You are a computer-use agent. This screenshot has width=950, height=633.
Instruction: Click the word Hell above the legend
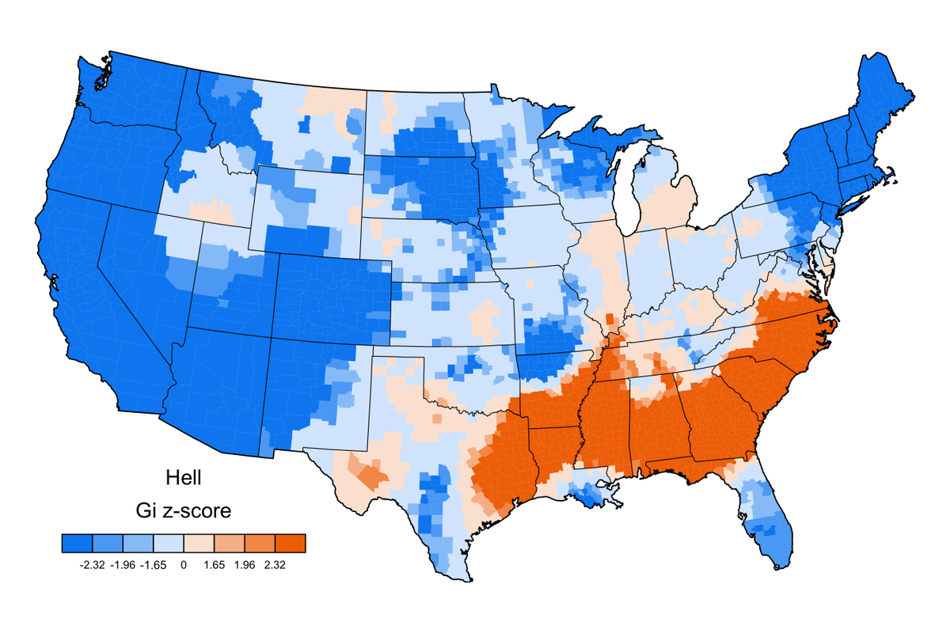pos(184,478)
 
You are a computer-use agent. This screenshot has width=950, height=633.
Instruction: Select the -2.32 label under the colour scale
pos(93,565)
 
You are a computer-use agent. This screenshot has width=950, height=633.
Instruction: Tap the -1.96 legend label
pos(123,565)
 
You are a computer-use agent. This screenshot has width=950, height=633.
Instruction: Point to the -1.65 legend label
pos(154,565)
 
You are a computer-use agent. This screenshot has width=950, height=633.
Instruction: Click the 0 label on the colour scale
pos(184,565)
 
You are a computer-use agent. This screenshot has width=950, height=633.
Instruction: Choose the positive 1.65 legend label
pos(215,565)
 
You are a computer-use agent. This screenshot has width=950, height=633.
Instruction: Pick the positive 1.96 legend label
pos(245,565)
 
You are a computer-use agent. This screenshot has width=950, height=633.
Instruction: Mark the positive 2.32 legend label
pos(275,565)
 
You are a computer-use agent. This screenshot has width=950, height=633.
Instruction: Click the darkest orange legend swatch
pos(290,543)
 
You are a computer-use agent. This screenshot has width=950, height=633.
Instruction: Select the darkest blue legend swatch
pos(78,543)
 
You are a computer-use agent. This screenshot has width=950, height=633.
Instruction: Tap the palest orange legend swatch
pos(199,543)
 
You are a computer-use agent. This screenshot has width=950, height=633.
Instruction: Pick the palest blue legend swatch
pos(169,543)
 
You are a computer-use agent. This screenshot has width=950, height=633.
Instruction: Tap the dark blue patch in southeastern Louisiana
pos(590,496)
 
